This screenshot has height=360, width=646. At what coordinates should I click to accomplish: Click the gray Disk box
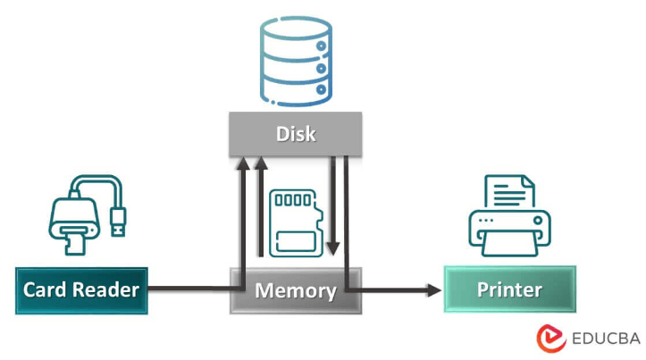296,134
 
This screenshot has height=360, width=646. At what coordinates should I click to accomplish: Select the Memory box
296,291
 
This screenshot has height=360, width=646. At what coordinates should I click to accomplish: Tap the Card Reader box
81,291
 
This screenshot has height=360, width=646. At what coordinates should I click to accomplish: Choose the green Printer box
510,289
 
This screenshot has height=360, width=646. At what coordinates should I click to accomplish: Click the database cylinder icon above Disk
296,62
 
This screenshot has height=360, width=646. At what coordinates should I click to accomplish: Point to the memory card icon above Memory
296,223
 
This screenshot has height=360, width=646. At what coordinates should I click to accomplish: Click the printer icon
509,216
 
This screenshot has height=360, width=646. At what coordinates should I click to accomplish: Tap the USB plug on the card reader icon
118,222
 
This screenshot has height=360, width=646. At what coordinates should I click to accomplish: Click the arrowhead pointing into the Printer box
434,290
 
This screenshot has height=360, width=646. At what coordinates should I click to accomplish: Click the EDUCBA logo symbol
550,339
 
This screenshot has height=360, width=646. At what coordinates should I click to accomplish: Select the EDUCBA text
606,339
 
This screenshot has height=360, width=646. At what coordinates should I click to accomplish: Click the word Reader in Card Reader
106,290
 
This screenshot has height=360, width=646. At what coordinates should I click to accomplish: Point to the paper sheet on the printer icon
509,191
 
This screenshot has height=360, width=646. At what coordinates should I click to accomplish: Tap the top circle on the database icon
321,46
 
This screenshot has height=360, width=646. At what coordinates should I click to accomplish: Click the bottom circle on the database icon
321,89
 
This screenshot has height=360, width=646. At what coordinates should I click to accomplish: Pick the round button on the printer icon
537,221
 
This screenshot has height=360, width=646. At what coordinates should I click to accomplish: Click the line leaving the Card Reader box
196,288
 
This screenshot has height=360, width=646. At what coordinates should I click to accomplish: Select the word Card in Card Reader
46,290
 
